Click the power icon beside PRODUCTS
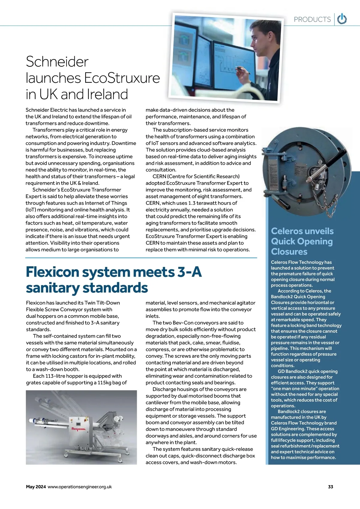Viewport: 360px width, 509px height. tap(342, 19)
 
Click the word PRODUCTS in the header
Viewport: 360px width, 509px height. tap(312, 20)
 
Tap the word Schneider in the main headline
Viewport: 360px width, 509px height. tap(57, 62)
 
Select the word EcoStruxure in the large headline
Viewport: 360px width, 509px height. tap(122, 78)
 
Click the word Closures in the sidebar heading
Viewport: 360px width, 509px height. tap(289, 251)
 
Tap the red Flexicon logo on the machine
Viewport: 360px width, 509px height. tap(79, 429)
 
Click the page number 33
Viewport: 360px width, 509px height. tap(330, 487)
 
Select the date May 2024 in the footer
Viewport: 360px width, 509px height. tap(36, 487)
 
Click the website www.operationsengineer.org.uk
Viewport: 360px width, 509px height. tap(79, 487)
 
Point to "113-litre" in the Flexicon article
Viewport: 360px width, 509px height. tap(55, 376)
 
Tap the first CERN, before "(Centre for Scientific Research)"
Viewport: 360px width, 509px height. tap(159, 176)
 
